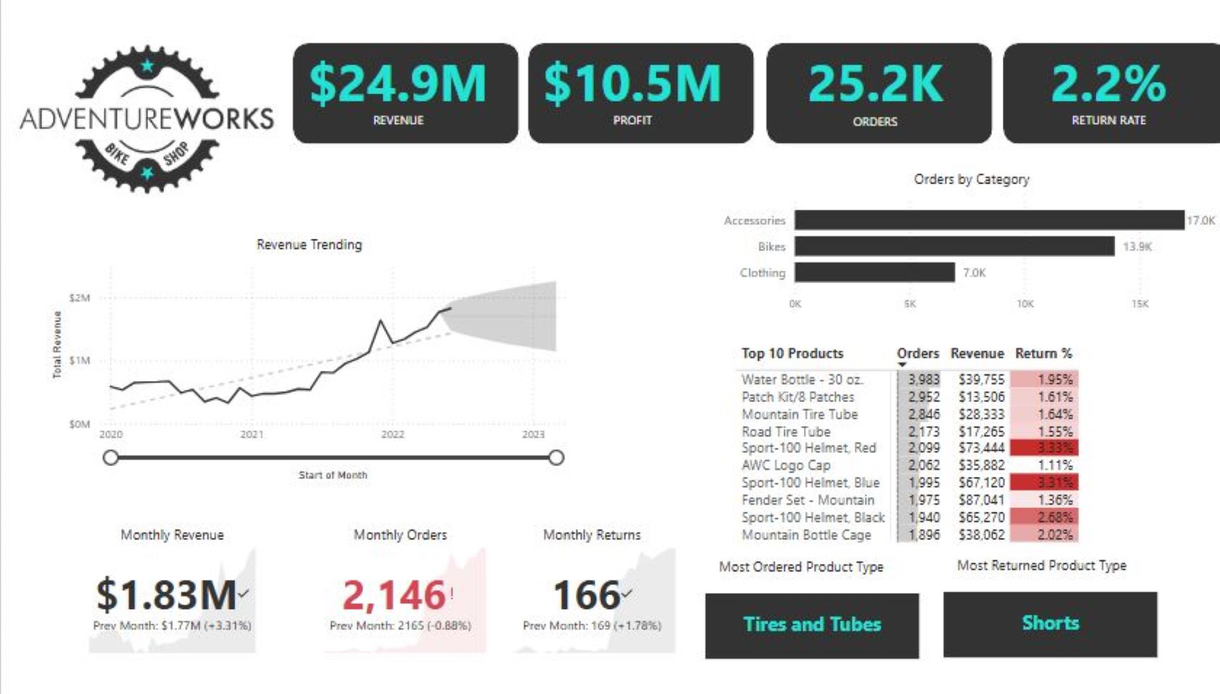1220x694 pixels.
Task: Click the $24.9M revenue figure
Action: point(398,83)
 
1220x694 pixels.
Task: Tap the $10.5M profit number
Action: point(633,83)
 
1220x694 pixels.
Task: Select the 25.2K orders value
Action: point(876,83)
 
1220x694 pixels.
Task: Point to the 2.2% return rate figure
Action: point(1109,83)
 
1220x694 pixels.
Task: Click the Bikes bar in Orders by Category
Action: point(954,246)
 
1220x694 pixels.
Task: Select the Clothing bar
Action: point(874,272)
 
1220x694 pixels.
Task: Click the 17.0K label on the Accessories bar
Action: point(1200,220)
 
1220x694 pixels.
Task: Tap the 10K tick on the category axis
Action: point(1025,304)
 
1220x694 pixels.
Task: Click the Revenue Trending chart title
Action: point(309,244)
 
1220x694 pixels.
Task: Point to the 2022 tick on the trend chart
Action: point(392,434)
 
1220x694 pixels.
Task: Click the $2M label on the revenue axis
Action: point(79,298)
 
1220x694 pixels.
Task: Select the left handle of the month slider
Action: point(111,458)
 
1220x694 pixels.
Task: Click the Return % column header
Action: point(1043,354)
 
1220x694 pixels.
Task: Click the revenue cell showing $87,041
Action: point(981,500)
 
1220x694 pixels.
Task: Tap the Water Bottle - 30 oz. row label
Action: point(802,380)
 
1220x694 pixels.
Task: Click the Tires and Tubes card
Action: point(811,625)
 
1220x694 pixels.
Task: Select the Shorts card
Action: point(1050,624)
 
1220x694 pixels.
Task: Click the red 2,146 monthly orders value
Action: point(394,595)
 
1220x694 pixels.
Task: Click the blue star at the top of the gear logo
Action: point(147,65)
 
